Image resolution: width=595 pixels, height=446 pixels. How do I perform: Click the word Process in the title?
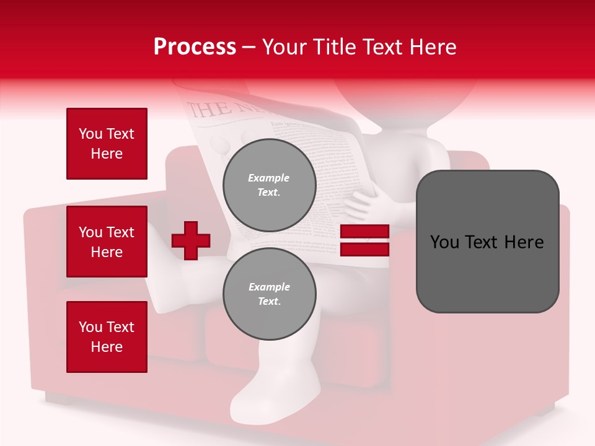click(x=195, y=47)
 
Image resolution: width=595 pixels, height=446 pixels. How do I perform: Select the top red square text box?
click(x=107, y=144)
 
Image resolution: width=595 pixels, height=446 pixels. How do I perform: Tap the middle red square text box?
click(x=107, y=242)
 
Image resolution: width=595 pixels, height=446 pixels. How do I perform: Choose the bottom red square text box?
click(x=107, y=337)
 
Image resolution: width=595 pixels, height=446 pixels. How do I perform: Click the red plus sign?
click(x=191, y=240)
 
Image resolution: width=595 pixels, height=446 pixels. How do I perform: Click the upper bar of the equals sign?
click(x=364, y=232)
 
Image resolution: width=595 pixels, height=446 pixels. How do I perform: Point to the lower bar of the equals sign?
click(x=364, y=249)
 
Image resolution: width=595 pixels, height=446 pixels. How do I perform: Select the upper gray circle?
click(x=270, y=185)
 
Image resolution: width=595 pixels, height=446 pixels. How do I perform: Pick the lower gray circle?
click(x=270, y=294)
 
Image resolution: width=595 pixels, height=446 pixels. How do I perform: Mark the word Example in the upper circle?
click(x=269, y=178)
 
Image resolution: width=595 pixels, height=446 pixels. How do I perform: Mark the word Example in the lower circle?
click(x=269, y=287)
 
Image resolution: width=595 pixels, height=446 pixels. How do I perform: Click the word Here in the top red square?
click(x=107, y=154)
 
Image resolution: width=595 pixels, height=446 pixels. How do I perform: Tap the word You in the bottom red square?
click(x=90, y=327)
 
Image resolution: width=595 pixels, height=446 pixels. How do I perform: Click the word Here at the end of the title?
click(x=433, y=47)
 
